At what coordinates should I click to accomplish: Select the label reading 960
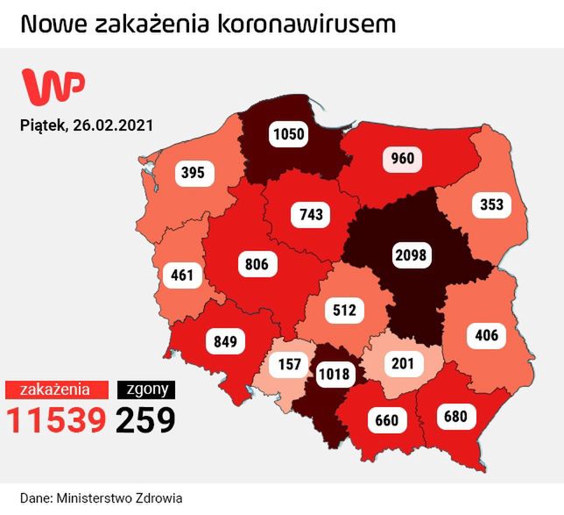tap(402, 159)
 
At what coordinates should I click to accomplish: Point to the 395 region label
tap(193, 173)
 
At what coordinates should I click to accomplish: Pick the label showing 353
tap(492, 206)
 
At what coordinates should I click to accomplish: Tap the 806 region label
tap(258, 262)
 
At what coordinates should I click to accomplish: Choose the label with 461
tap(182, 275)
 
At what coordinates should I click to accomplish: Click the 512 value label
tap(342, 310)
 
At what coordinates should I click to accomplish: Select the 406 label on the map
tap(488, 334)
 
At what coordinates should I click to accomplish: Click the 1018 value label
tap(334, 375)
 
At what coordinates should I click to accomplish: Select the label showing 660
tap(386, 420)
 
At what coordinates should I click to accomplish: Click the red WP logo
tap(54, 87)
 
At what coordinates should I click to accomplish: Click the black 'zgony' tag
tap(146, 389)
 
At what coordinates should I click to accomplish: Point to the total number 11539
tap(57, 419)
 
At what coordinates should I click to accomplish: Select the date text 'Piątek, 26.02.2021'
tap(87, 125)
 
